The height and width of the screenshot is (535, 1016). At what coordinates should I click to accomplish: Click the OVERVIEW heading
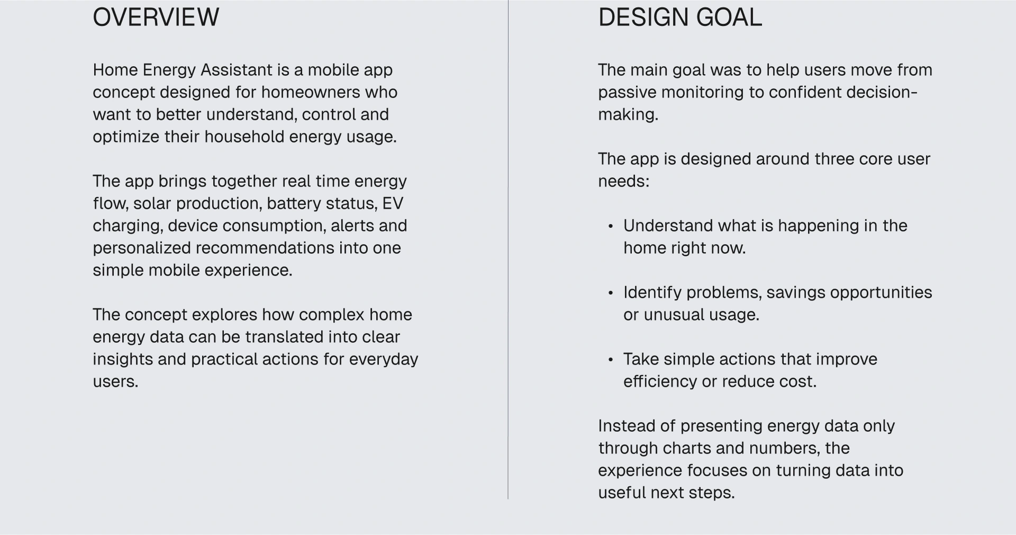[156, 17]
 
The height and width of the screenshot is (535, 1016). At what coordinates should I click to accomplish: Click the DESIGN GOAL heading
[680, 17]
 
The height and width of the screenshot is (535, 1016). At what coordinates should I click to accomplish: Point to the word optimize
[126, 137]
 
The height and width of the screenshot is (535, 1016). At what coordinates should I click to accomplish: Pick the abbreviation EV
[393, 203]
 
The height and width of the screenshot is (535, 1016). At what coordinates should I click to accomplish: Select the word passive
[627, 93]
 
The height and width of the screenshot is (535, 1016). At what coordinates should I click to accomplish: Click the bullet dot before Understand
[611, 226]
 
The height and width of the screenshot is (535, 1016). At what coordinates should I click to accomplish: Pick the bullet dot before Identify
[611, 293]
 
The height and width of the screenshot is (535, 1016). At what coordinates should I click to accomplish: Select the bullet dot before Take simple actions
[611, 360]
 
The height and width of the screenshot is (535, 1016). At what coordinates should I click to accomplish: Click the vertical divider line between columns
[508, 249]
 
